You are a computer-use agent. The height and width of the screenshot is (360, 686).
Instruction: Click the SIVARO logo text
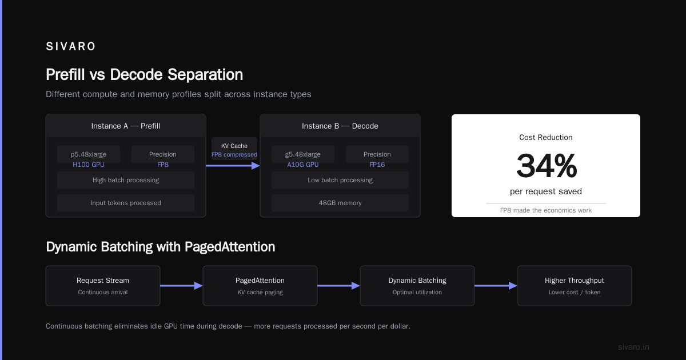(x=70, y=46)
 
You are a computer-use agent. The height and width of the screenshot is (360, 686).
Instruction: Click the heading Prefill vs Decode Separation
(x=144, y=75)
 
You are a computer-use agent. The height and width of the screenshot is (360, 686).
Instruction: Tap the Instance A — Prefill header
(x=126, y=126)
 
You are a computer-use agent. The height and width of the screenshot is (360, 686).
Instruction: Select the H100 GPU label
(x=89, y=165)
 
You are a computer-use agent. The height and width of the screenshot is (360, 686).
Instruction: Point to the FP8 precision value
(x=162, y=165)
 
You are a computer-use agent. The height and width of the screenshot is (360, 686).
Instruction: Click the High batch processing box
(x=126, y=180)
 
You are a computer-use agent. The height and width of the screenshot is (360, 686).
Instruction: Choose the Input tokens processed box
(x=126, y=203)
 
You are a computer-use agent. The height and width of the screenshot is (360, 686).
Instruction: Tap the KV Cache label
(x=234, y=146)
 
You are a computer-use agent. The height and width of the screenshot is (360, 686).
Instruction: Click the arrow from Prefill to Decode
(x=233, y=166)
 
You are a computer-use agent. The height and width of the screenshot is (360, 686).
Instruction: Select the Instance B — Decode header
(x=340, y=126)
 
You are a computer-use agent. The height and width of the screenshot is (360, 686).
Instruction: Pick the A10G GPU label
(x=302, y=165)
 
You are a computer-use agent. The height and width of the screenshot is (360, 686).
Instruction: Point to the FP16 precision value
(x=377, y=165)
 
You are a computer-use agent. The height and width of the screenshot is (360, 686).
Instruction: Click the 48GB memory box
(x=340, y=203)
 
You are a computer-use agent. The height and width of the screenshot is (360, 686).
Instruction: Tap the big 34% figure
(x=547, y=166)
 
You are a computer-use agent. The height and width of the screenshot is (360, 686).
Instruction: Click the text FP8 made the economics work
(x=546, y=210)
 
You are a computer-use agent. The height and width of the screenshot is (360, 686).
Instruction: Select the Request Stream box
(x=103, y=286)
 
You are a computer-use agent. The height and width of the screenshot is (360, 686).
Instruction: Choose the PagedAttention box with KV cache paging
(x=260, y=286)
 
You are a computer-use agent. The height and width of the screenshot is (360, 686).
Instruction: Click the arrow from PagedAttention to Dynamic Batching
(x=338, y=286)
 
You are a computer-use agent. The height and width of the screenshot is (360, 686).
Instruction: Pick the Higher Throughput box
(x=575, y=286)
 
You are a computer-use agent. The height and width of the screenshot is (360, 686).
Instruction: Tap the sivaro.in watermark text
(x=633, y=347)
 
